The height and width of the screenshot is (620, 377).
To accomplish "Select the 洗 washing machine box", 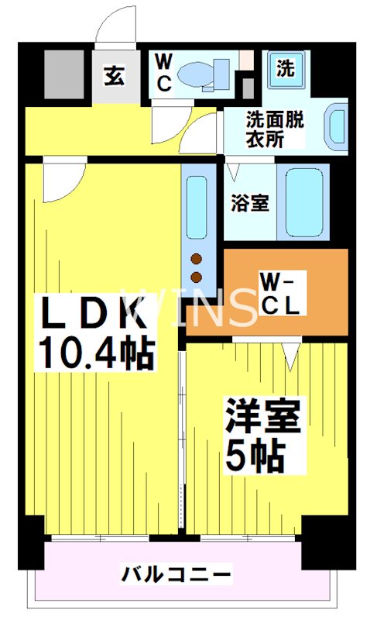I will (x=285, y=68).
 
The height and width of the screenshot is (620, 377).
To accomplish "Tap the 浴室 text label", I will (x=249, y=203).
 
